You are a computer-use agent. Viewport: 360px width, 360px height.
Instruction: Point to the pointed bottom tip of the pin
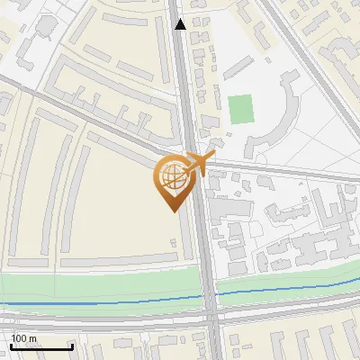[171, 211]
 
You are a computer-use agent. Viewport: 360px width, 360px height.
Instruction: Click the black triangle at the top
[181, 24]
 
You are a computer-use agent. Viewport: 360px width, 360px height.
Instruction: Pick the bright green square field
[240, 110]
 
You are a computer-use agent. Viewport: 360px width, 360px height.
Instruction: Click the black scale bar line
[40, 347]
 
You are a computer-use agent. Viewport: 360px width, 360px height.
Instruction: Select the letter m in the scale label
[33, 338]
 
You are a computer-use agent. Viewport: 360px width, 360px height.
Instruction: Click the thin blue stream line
[108, 302]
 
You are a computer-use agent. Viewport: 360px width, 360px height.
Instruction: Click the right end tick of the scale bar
[71, 346]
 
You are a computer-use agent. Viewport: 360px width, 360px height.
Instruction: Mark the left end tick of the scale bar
[10, 346]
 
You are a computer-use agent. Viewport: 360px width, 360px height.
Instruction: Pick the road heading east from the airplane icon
[288, 167]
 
